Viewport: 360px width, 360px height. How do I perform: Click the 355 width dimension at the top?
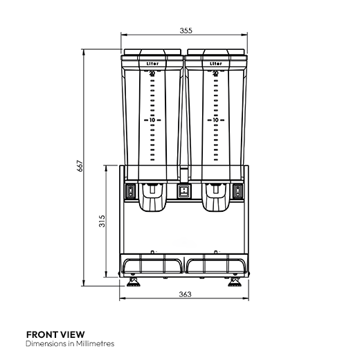184,30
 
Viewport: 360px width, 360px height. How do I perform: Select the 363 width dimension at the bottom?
184,294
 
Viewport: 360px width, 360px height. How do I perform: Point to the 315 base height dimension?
101,221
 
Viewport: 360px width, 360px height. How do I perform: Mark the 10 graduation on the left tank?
152,120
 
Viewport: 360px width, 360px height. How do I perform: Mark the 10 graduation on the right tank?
215,120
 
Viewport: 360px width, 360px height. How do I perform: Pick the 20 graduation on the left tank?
152,73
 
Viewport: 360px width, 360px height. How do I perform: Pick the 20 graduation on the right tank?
215,73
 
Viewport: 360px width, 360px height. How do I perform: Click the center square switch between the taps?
184,192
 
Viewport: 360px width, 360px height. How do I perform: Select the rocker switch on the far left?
129,192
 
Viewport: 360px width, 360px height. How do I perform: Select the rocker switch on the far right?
239,192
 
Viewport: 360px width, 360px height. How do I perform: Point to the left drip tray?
152,264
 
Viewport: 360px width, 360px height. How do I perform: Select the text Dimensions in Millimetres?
69,343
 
